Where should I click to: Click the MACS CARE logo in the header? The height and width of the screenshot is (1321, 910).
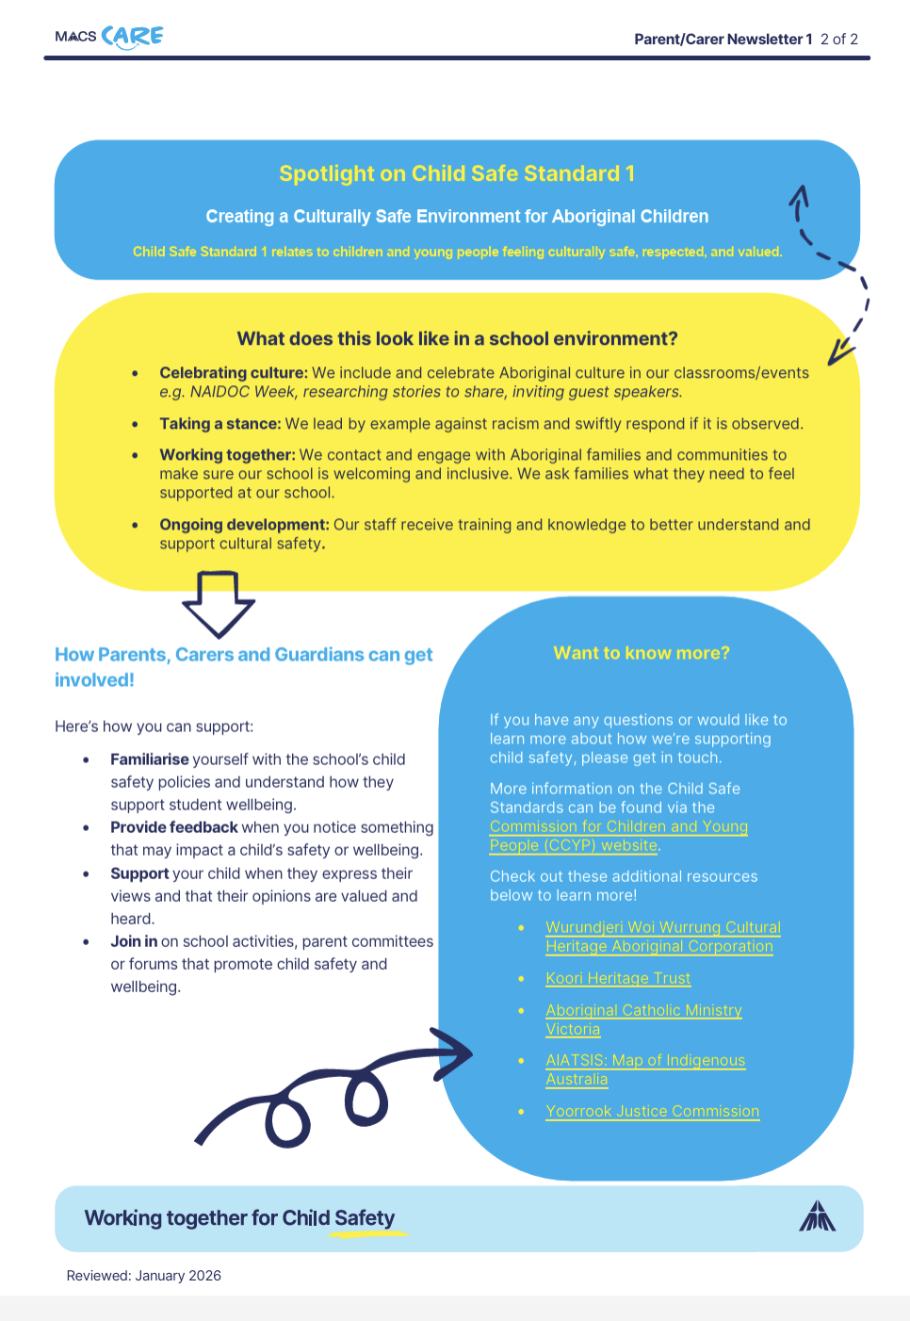109,37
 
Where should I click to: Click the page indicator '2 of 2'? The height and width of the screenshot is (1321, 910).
838,40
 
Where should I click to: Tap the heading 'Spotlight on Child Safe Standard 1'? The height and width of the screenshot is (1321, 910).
457,174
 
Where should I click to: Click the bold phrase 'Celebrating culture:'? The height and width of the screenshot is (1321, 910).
234,373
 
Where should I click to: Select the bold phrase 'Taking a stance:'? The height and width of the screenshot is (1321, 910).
219,424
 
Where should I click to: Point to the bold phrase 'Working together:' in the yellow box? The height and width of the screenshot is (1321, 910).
227,455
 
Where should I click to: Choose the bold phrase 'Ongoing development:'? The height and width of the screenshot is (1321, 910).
244,525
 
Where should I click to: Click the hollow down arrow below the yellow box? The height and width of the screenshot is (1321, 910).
219,603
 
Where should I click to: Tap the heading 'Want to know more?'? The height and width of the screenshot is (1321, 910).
642,653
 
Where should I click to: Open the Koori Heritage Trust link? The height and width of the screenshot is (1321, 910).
618,979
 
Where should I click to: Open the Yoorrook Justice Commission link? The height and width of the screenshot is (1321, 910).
652,1112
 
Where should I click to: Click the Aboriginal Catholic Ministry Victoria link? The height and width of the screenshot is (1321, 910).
643,1019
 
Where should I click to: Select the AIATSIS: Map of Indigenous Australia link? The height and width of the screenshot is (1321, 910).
645,1069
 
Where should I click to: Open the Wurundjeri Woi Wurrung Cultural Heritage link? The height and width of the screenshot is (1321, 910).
662,937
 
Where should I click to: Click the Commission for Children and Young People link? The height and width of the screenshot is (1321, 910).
618,836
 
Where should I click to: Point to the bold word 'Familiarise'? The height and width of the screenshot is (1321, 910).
150,759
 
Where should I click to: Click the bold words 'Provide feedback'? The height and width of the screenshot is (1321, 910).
174,827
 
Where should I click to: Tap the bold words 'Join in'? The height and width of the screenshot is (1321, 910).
134,941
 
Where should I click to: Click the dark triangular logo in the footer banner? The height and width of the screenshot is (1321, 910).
817,1216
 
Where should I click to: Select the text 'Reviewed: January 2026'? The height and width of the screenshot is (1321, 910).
144,1276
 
